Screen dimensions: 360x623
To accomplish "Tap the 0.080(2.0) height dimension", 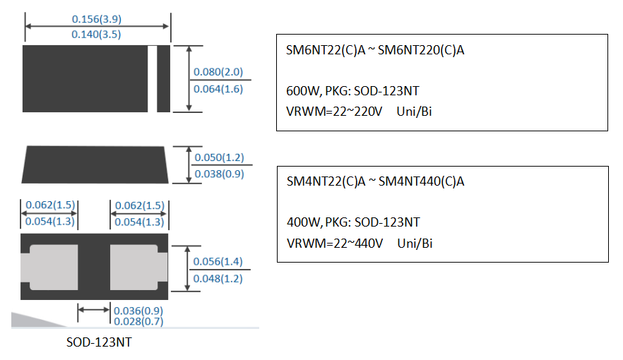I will (x=218, y=72).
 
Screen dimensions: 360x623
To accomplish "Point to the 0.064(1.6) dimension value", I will (x=218, y=89).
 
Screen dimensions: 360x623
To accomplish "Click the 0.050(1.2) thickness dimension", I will (x=218, y=157).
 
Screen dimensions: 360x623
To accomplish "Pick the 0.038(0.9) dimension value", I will (x=218, y=173).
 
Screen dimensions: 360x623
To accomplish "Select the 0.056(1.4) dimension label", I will (x=218, y=261).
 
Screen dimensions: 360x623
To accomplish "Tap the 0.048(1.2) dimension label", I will (x=218, y=278).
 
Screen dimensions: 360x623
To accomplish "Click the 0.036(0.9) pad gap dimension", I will (x=138, y=311).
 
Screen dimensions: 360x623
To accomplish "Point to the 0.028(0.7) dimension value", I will (x=138, y=322).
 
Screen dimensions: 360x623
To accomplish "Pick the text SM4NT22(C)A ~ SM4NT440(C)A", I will (x=376, y=181).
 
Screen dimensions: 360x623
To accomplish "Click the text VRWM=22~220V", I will (x=335, y=112).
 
